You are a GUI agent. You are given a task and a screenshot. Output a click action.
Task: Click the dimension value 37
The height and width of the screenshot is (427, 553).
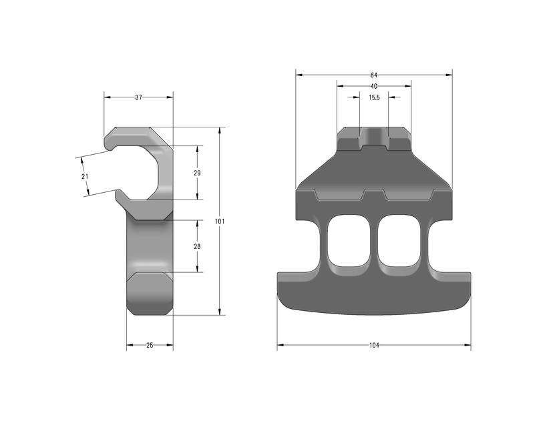pos(138,97)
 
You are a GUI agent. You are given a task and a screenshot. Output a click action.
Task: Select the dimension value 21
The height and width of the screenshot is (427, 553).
pos(84,176)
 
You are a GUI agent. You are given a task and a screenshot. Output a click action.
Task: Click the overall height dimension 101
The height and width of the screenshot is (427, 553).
pos(220,221)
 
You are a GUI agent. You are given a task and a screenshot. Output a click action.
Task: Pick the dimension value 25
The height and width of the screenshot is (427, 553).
pos(150,346)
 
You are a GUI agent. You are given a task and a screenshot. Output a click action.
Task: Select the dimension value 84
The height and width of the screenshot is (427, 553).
pos(374,75)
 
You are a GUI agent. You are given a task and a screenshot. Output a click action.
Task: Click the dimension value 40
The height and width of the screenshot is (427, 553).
pos(374,86)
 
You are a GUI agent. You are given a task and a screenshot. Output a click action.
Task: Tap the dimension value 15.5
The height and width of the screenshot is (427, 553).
pos(374,97)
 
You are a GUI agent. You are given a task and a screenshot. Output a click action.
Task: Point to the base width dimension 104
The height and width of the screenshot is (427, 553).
pos(374,346)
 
